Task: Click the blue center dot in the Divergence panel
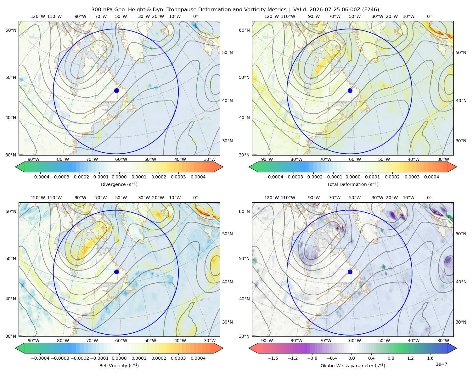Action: pos(116,90)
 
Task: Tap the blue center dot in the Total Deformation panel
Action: pos(350,90)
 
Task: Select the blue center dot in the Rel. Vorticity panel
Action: pos(116,272)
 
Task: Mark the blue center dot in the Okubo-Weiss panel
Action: pos(350,272)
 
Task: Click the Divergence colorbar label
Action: pos(119,184)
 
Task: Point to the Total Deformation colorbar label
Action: pos(353,184)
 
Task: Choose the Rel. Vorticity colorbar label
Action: pos(119,366)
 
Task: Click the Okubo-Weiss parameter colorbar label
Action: pos(353,366)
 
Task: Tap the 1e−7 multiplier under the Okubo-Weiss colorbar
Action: pos(441,364)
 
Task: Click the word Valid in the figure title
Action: pos(300,10)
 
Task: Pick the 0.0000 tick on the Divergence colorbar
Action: pos(119,177)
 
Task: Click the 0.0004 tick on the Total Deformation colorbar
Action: pos(431,177)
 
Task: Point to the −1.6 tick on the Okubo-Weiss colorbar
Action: pos(273,358)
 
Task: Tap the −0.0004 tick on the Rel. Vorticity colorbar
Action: pos(40,358)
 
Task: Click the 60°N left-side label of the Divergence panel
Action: pos(11,30)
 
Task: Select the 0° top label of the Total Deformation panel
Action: pos(429,16)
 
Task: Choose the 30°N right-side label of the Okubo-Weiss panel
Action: pos(461,322)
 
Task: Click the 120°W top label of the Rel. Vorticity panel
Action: pos(38,198)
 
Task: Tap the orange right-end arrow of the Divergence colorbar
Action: pos(218,167)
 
